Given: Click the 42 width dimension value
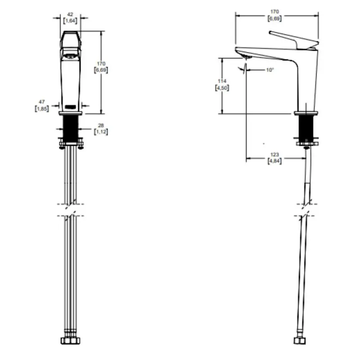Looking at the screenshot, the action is tap(70, 14).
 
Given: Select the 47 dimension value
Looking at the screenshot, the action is tap(41, 102).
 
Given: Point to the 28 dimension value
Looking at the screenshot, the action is tap(101, 126).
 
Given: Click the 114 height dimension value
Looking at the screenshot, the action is tap(222, 81).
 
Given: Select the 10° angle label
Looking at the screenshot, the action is tap(270, 70).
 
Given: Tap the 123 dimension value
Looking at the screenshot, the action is tap(274, 154).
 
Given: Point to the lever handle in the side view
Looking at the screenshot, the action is tap(294, 40).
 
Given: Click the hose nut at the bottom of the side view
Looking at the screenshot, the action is tap(300, 341).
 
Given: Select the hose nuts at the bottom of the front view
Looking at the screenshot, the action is tap(71, 341).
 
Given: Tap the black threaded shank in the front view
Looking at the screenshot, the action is tap(71, 129).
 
